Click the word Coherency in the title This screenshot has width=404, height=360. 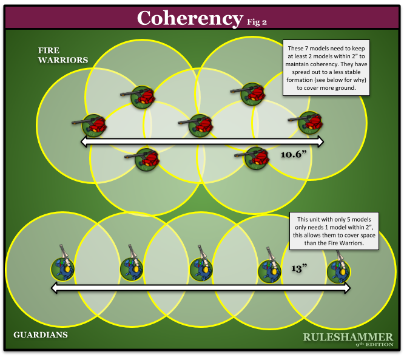[189, 18]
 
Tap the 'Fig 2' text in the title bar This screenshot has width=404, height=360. [257, 21]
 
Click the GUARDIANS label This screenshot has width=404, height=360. [40, 335]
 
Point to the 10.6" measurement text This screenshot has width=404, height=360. [296, 155]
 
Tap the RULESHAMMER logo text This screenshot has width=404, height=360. [348, 337]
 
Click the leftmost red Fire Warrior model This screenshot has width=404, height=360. [94, 125]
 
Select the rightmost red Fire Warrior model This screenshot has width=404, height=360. [310, 122]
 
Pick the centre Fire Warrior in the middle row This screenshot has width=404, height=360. [200, 125]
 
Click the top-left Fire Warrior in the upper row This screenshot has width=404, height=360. [143, 97]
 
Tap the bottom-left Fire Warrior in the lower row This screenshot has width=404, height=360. [146, 159]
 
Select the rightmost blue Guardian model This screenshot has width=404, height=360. [338, 270]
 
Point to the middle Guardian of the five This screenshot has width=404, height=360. [201, 268]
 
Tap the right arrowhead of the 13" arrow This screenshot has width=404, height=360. [346, 289]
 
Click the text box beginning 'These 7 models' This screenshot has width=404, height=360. [326, 67]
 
